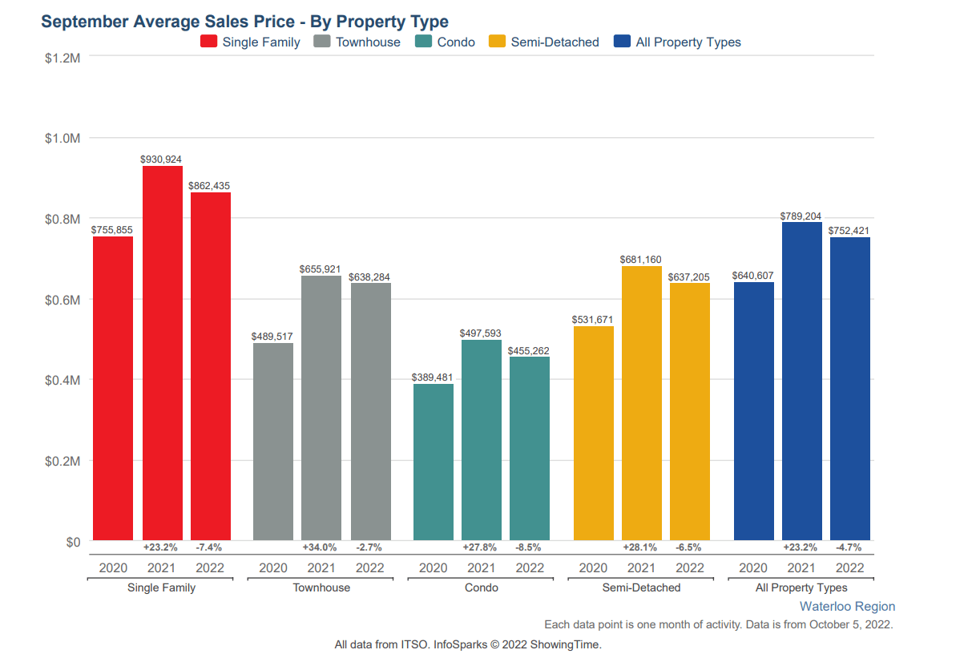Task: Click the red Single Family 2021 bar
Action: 162,353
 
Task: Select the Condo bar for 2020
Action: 434,462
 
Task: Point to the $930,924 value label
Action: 161,159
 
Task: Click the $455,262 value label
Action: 529,350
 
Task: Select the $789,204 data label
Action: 801,216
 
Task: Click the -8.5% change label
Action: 529,547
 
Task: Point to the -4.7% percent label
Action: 849,547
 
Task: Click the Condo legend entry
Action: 446,42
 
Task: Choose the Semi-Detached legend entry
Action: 545,42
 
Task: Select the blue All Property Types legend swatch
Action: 622,42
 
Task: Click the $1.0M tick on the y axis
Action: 63,139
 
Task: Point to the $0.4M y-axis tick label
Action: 63,380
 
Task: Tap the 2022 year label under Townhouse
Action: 369,568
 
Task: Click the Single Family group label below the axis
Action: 161,587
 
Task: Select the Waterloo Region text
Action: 847,607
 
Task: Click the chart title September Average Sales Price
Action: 244,22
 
